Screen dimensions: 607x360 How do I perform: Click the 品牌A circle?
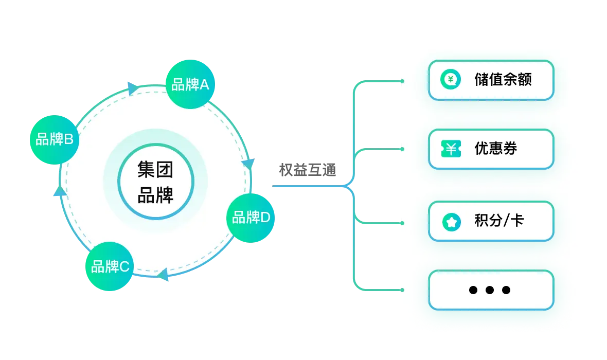click(x=190, y=84)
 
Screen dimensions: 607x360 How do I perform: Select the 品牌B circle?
click(x=54, y=140)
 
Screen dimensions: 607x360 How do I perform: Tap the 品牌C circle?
click(x=110, y=266)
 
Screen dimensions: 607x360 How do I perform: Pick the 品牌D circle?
click(x=251, y=218)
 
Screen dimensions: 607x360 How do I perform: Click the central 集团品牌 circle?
click(x=156, y=182)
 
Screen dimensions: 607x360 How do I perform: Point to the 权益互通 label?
click(x=308, y=170)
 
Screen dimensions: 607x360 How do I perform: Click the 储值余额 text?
click(x=503, y=80)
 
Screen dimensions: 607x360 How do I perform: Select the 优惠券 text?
click(x=496, y=149)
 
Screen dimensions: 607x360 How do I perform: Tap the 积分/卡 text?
click(x=499, y=221)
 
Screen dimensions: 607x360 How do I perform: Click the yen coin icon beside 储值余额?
click(x=451, y=79)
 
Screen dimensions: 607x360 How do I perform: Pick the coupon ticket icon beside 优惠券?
click(x=451, y=149)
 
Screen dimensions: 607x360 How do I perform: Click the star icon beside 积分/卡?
click(x=451, y=222)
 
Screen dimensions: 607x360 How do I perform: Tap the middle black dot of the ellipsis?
click(x=490, y=290)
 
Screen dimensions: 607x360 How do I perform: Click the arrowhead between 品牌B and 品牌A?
click(x=132, y=88)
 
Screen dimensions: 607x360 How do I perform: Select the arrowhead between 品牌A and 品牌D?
click(x=248, y=164)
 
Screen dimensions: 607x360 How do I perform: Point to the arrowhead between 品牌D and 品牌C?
click(x=163, y=274)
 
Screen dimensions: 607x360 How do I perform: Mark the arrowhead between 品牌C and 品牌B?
click(x=60, y=191)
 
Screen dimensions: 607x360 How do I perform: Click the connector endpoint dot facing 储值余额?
click(x=403, y=81)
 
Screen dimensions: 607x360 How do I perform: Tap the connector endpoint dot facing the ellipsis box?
click(x=403, y=290)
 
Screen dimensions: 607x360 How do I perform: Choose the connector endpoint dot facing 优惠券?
click(x=403, y=149)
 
